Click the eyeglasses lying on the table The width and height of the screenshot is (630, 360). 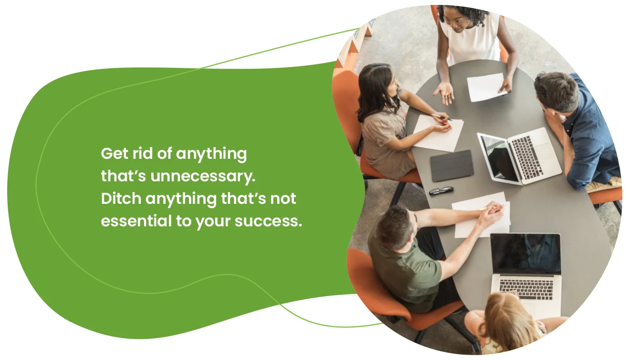[441, 191]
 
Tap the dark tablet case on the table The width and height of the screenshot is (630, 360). [451, 165]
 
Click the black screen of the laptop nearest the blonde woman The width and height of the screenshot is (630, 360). [526, 253]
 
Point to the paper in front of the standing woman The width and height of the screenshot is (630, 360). [486, 87]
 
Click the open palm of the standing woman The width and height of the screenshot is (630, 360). [444, 92]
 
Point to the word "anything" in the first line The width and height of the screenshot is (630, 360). [211, 154]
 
